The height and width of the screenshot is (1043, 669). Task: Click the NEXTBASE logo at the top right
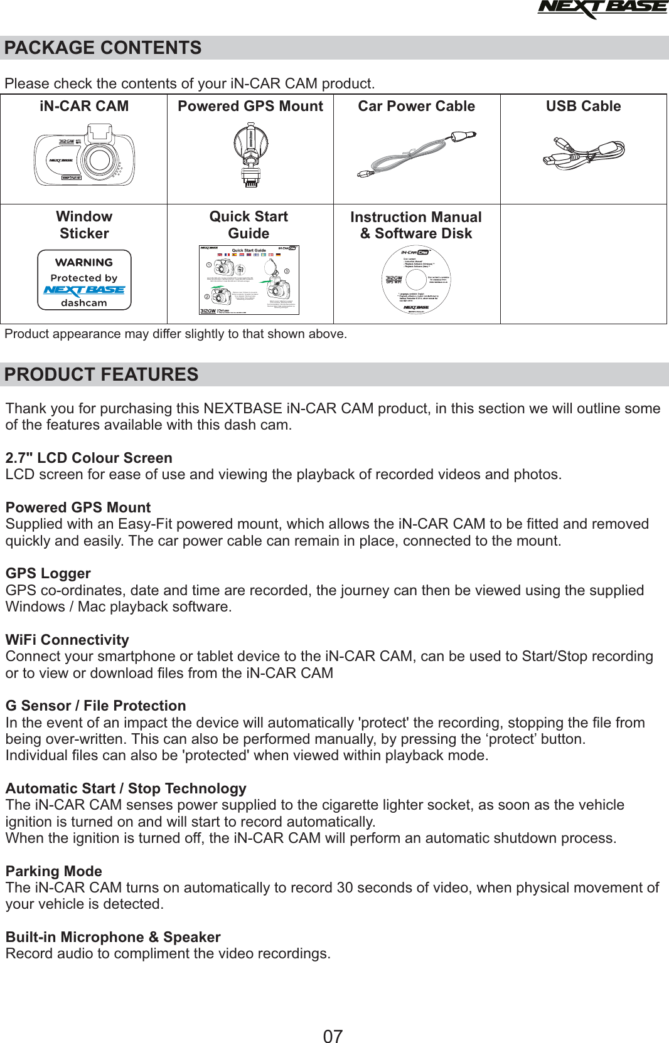pyautogui.click(x=602, y=9)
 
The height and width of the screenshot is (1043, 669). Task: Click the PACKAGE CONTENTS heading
pyautogui.click(x=103, y=48)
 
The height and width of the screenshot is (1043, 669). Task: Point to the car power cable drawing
pyautogui.click(x=417, y=154)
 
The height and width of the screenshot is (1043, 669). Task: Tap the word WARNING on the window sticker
pyautogui.click(x=84, y=262)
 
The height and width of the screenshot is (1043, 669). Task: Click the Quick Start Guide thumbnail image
pyautogui.click(x=249, y=280)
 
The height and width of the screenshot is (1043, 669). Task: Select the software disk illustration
pyautogui.click(x=416, y=280)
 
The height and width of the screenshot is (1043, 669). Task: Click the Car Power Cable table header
pyautogui.click(x=417, y=107)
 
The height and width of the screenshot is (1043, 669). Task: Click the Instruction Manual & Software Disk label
pyautogui.click(x=416, y=225)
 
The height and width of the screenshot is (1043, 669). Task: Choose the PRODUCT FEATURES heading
pyautogui.click(x=102, y=374)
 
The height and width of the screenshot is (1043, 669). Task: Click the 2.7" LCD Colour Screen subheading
pyautogui.click(x=89, y=458)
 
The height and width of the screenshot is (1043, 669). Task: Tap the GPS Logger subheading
pyautogui.click(x=48, y=573)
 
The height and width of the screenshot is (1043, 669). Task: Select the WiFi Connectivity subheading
pyautogui.click(x=67, y=640)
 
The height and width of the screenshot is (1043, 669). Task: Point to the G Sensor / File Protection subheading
pyautogui.click(x=96, y=706)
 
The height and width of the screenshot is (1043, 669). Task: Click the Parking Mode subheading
pyautogui.click(x=54, y=871)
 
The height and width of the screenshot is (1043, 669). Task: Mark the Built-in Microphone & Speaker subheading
pyautogui.click(x=113, y=937)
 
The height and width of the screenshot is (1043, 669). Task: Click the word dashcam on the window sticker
pyautogui.click(x=84, y=303)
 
